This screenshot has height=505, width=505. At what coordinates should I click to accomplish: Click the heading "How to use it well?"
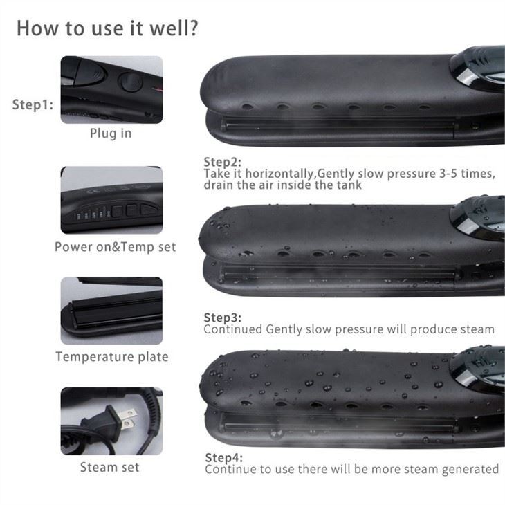click(108, 29)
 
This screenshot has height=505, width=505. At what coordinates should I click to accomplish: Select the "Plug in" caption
click(111, 134)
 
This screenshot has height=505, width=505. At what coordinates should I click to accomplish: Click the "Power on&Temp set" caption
click(116, 247)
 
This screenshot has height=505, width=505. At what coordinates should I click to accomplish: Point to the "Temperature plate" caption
click(112, 357)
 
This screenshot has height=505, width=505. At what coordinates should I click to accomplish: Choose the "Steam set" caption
click(110, 467)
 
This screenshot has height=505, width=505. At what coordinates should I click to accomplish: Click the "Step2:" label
click(222, 162)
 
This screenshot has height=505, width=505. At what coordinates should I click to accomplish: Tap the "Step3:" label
click(222, 318)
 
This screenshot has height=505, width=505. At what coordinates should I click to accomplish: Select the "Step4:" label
click(224, 458)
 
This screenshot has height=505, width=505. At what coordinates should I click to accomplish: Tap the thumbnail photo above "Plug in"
click(111, 89)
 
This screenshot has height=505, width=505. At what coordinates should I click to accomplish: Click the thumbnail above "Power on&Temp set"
click(111, 200)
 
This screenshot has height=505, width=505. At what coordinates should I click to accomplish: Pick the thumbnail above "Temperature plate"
click(111, 311)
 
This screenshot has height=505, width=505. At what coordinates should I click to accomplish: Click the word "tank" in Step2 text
click(349, 185)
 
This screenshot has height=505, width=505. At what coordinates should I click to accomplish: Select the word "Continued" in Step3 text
click(232, 329)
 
